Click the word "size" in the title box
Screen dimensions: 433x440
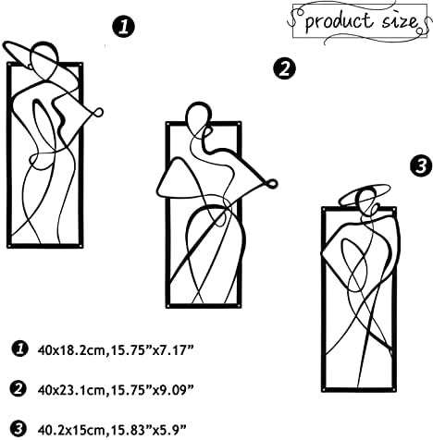(401, 20)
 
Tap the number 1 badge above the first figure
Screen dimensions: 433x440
(123, 27)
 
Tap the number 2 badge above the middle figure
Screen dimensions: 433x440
(284, 68)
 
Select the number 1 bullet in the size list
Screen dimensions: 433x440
(19, 349)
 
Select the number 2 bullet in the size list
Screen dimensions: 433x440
(19, 389)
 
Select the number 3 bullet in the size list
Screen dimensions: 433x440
(19, 429)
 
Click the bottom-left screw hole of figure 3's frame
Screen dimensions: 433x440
(324, 389)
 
